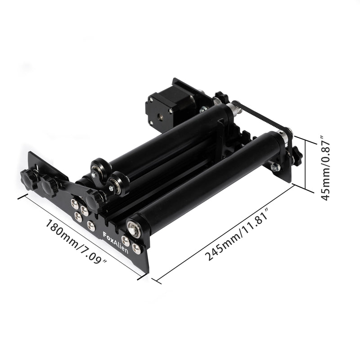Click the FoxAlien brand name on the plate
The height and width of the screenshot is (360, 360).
point(116,243)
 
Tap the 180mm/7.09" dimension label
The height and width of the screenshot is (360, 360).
point(76,242)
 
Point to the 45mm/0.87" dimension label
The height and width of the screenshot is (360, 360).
point(324,168)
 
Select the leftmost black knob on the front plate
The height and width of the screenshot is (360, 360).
point(29,179)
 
